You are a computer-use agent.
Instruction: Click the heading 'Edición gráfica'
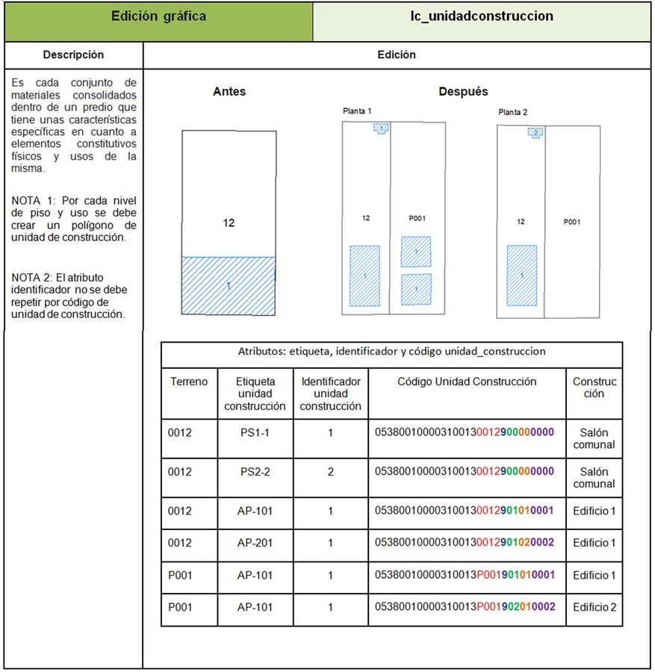click(x=158, y=16)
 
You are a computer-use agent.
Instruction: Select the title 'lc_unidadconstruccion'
click(x=482, y=16)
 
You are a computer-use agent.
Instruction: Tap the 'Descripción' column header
click(x=73, y=55)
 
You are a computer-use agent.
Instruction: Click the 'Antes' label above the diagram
click(x=229, y=91)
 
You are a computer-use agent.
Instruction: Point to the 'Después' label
click(x=463, y=91)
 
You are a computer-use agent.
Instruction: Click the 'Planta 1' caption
click(x=357, y=111)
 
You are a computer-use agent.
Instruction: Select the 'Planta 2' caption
click(x=512, y=112)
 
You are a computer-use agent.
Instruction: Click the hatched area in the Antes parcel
click(x=229, y=286)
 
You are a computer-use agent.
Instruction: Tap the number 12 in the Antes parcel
click(x=229, y=223)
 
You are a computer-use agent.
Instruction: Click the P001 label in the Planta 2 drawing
click(x=572, y=222)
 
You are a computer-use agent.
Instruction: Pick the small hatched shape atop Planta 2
click(x=536, y=133)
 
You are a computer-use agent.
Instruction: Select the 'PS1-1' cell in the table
click(x=255, y=433)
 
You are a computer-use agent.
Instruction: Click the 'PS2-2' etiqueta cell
click(x=255, y=472)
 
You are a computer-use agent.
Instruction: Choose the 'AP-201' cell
click(x=255, y=543)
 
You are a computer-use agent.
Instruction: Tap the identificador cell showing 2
click(x=331, y=472)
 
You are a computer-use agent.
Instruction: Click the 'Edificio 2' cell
click(x=595, y=607)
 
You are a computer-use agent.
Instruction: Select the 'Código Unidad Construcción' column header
click(x=467, y=382)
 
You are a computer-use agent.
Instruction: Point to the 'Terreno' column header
click(x=189, y=382)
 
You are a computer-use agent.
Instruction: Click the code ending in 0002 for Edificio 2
click(x=465, y=607)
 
